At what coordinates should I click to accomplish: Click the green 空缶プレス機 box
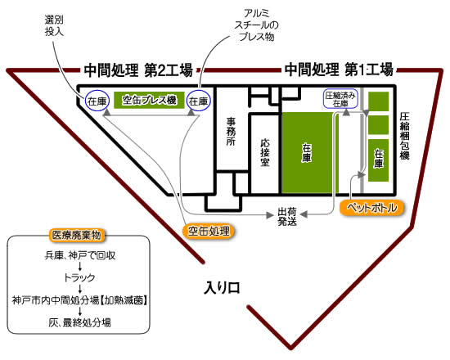point(149,100)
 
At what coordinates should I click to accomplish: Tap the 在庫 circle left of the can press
point(97,101)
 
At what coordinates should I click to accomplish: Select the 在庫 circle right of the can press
point(198,101)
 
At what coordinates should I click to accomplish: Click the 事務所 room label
point(231,132)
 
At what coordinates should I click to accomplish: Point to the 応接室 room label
point(265,152)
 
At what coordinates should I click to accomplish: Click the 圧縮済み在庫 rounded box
point(340,99)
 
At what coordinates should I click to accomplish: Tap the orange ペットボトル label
point(372,208)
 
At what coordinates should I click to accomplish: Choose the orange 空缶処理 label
point(209,231)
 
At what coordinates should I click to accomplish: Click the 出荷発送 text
point(287,217)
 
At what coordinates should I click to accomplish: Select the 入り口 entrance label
point(222,288)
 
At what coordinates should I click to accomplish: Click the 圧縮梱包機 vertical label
point(405,136)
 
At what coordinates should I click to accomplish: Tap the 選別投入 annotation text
point(54,25)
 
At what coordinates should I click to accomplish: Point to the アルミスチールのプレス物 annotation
point(256,25)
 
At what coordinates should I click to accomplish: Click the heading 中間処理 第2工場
point(138,70)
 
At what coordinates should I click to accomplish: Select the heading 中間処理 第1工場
point(339,70)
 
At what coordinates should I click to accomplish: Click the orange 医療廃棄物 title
point(76,235)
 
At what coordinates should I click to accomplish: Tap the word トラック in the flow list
point(79,277)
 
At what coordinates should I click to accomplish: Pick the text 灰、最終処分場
point(79,322)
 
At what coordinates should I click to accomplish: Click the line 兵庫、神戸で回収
point(80,255)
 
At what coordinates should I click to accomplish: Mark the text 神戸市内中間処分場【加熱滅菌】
point(80,300)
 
